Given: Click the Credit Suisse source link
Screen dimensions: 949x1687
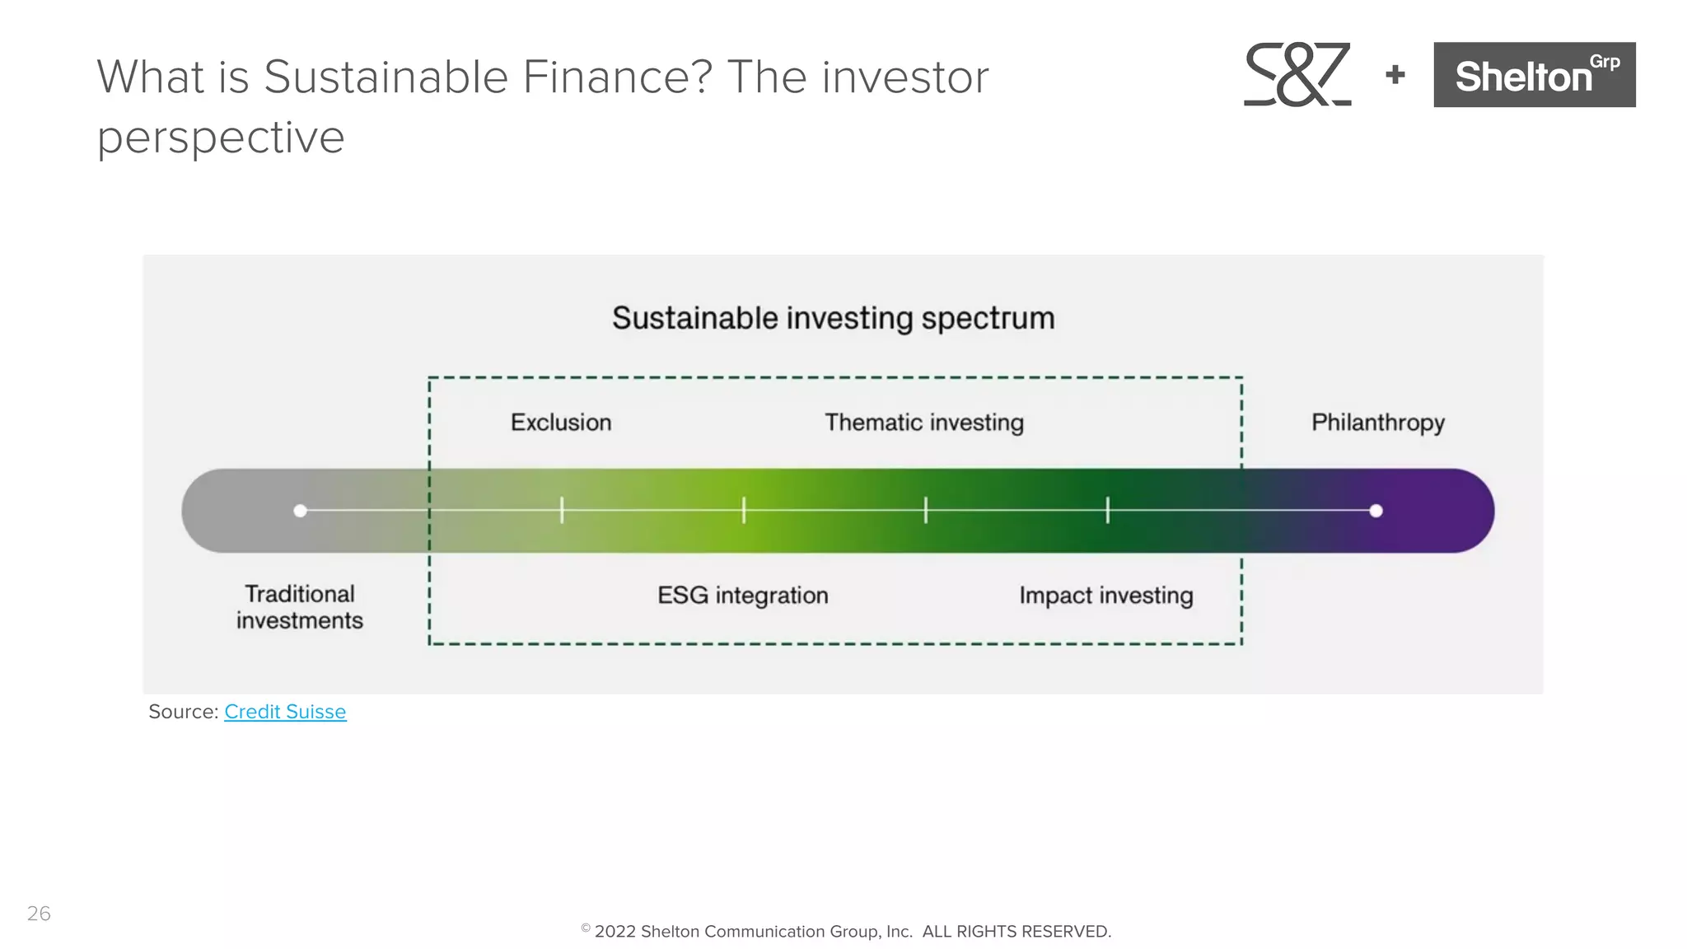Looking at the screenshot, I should pyautogui.click(x=285, y=712).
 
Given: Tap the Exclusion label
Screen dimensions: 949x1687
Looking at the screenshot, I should pyautogui.click(x=561, y=423).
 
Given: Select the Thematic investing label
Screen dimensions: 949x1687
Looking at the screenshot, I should pyautogui.click(x=924, y=423).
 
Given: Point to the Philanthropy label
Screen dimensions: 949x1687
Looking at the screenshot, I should pyautogui.click(x=1377, y=423).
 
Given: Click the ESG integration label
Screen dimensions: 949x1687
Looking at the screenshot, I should pyautogui.click(x=742, y=596).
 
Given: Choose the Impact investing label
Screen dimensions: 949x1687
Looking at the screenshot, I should pyautogui.click(x=1105, y=596).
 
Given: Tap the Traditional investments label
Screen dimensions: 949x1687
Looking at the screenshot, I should pyautogui.click(x=300, y=607).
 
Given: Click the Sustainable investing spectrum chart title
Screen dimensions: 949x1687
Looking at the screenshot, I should pyautogui.click(x=833, y=318).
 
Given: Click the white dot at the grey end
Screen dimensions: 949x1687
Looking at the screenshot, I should pyautogui.click(x=301, y=511).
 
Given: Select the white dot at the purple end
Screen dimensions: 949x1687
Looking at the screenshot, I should pyautogui.click(x=1376, y=511).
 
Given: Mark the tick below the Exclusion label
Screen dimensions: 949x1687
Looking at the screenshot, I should pyautogui.click(x=562, y=510).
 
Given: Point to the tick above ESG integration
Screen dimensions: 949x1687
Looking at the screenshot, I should pyautogui.click(x=744, y=510).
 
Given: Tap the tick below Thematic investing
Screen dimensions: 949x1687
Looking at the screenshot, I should pyautogui.click(x=926, y=510).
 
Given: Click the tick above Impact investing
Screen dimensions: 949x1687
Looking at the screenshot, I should pyautogui.click(x=1108, y=510).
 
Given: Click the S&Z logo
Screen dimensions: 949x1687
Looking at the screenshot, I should pyautogui.click(x=1297, y=74).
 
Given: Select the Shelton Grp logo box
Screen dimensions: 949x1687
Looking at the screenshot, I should pyautogui.click(x=1534, y=75).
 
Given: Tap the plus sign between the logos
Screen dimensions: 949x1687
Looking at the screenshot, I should pyautogui.click(x=1395, y=75).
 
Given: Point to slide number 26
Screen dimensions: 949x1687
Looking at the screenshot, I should pyautogui.click(x=39, y=914).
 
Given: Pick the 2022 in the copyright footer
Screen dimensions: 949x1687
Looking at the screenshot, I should pyautogui.click(x=615, y=932).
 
